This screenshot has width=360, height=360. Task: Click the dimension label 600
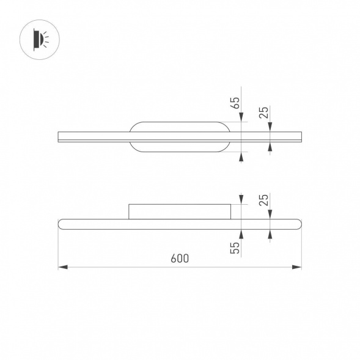click(180, 259)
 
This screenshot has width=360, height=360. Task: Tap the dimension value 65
click(235, 103)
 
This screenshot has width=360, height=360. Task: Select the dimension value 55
click(235, 248)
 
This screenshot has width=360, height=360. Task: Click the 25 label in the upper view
click(264, 112)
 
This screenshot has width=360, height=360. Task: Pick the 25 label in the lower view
click(264, 200)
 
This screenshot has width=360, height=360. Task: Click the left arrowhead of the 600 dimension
click(63, 267)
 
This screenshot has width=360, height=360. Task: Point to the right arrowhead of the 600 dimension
click(296, 267)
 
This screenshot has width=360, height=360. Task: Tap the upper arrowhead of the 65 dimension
click(241, 117)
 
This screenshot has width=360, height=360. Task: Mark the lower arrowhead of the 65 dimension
click(241, 157)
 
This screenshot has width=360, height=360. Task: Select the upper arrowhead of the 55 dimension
click(241, 199)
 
